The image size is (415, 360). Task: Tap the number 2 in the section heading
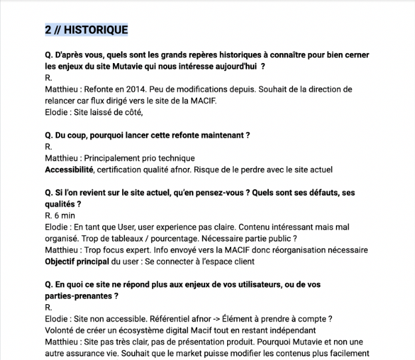pyautogui.click(x=48, y=30)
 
